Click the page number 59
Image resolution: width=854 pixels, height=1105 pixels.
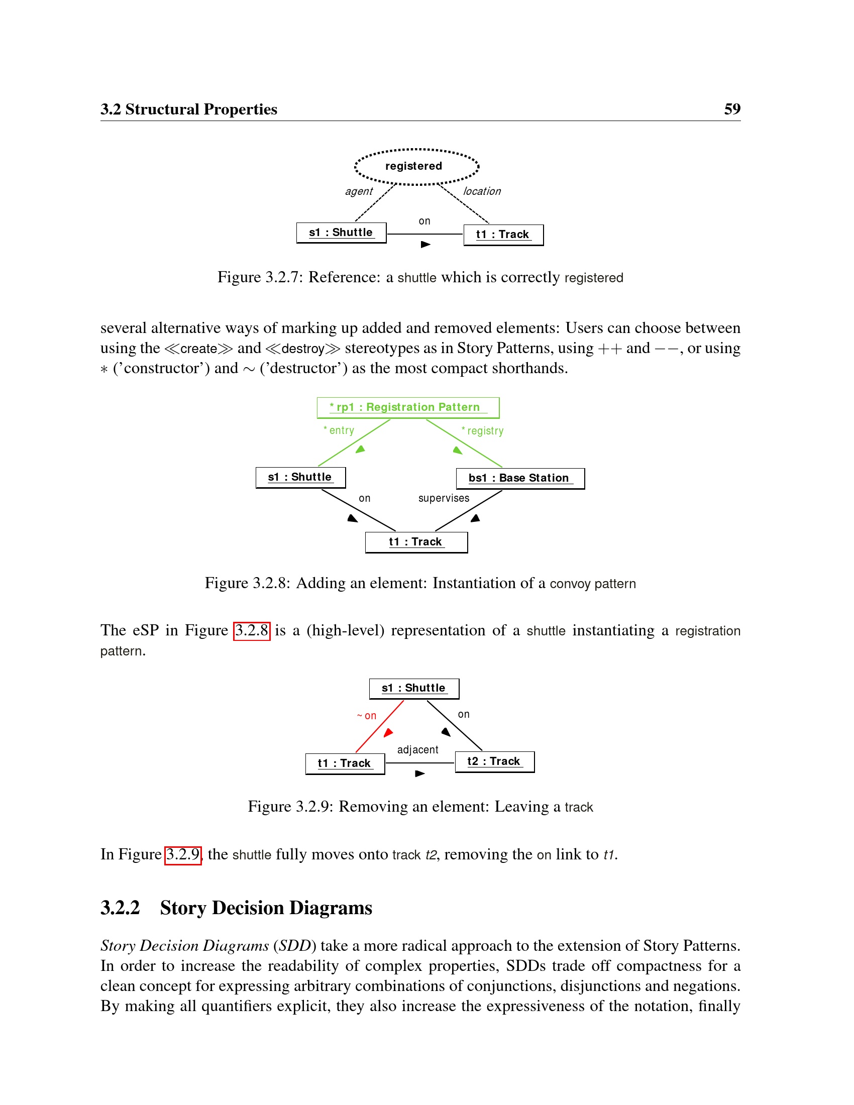pos(731,109)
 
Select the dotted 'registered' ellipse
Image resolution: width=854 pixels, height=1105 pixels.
pos(416,166)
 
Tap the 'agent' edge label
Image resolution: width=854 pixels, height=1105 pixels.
pos(359,192)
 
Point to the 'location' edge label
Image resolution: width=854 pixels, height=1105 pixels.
pos(482,191)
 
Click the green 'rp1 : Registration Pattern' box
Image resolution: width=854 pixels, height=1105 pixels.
pos(408,408)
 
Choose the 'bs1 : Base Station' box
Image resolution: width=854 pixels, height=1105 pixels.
pos(520,479)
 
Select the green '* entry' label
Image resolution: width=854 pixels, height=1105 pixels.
pos(339,430)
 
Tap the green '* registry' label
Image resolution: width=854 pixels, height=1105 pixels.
pos(483,431)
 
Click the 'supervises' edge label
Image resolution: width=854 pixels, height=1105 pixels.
pos(444,498)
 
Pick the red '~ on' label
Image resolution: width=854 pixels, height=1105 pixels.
pos(367,716)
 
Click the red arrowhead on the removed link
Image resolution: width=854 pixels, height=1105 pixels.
pos(388,733)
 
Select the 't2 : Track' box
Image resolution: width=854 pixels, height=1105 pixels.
pos(494,762)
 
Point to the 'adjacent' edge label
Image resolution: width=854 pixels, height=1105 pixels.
pos(417,750)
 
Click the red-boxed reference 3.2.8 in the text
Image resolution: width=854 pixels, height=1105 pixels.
pos(252,631)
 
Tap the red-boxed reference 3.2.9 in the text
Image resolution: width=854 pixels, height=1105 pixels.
pos(183,855)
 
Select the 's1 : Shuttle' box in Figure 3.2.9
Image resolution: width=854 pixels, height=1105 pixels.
pos(414,689)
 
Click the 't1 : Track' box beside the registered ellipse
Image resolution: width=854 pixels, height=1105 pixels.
pos(503,235)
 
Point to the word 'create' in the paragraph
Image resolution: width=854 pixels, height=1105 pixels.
pos(198,349)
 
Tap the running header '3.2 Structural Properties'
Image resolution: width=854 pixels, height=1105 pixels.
pos(189,109)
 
